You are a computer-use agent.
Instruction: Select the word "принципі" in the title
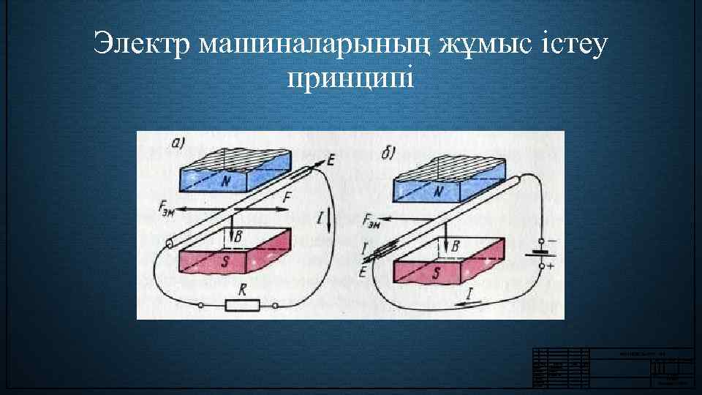pos(350,78)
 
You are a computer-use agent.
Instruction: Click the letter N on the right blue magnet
pos(439,192)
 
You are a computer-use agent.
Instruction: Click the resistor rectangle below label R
pos(242,305)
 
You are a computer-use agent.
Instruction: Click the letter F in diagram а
pos(286,197)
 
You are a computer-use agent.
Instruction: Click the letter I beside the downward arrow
pos(320,216)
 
